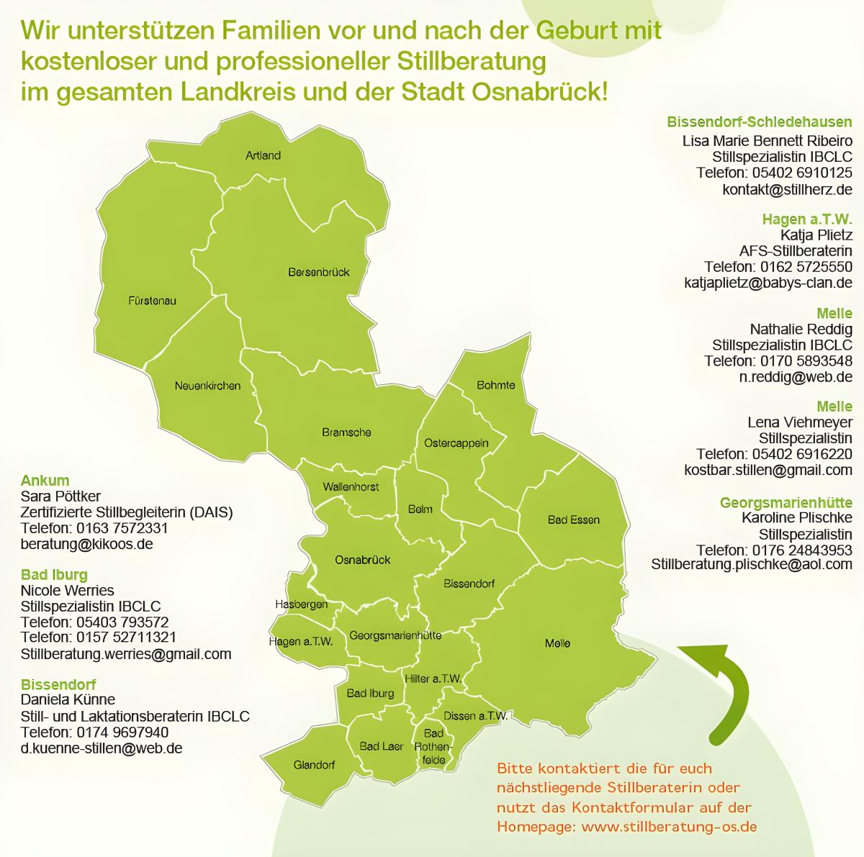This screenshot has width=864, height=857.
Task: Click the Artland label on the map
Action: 263,155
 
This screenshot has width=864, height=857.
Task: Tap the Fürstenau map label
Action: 151,300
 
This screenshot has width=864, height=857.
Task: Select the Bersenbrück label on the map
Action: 318,272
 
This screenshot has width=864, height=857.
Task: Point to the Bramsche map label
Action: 346,432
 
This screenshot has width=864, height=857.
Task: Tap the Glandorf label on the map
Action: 314,765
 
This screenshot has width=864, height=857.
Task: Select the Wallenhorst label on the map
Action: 351,487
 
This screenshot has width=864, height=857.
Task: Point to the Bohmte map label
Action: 496,385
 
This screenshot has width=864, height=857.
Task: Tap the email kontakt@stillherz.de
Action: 787,189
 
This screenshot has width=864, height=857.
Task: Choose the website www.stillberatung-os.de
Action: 668,827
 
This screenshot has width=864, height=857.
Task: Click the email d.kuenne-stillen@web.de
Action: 102,748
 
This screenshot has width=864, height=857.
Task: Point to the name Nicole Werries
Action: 67,591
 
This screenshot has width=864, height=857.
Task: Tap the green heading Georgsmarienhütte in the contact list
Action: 786,502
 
